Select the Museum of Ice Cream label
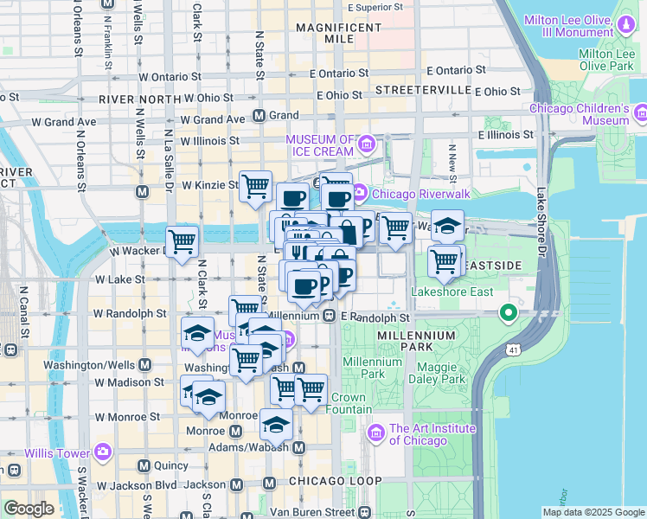pos(320,146)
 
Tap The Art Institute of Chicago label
pos(432,434)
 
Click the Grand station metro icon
pos(259,115)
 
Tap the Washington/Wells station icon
pos(144,365)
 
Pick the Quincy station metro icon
pos(144,465)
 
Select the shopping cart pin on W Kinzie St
pos(255,185)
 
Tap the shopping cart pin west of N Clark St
pos(182,240)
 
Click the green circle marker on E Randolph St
pos(509,312)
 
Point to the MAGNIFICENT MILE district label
pos(339,33)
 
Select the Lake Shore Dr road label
pos(542,221)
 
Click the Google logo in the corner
pos(29,509)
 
